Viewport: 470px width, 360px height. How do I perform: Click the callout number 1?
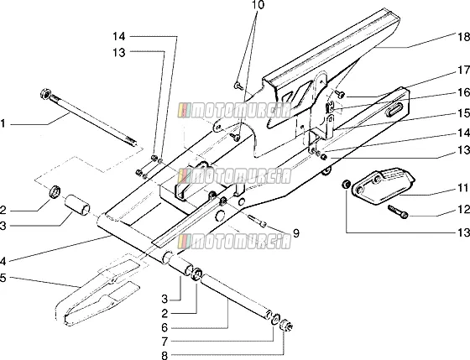click(3, 123)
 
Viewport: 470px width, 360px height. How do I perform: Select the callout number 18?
click(464, 37)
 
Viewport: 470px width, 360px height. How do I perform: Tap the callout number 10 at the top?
click(258, 5)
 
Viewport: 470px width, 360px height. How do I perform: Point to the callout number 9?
click(295, 233)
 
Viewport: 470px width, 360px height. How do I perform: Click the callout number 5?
click(3, 278)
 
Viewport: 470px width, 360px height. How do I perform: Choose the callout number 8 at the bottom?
click(164, 356)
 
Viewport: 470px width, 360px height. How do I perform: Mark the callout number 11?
click(463, 188)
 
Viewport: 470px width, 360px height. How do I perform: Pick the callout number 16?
click(464, 92)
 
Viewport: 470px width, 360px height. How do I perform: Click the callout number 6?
click(164, 327)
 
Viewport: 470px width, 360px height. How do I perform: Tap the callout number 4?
click(3, 262)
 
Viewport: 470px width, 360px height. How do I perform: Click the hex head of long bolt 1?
click(45, 93)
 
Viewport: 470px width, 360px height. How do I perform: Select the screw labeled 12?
click(398, 211)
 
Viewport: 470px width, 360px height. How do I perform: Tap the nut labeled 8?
click(286, 326)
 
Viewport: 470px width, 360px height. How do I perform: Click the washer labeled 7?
click(275, 320)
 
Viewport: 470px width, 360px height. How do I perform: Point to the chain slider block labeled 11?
click(383, 186)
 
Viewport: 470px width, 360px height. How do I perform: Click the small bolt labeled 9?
click(257, 222)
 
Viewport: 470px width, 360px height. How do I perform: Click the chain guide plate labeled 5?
click(97, 293)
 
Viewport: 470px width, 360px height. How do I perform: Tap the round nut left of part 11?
click(346, 184)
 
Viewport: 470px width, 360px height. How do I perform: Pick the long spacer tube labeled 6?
click(235, 296)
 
